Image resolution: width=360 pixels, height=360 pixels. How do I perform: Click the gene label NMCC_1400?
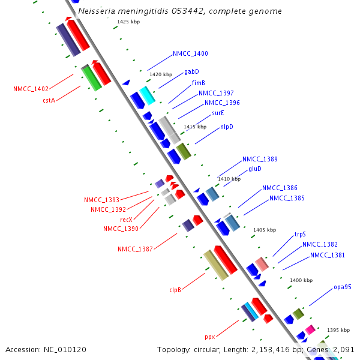pos(190,54)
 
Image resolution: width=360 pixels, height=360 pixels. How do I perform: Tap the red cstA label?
pos(49,100)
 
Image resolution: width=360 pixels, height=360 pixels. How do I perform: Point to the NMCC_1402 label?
pos(31,89)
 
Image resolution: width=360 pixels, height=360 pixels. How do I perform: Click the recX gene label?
pos(126,220)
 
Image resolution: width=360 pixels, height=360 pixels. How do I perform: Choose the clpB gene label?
pos(175,290)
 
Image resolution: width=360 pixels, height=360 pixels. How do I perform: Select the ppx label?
pos(209,337)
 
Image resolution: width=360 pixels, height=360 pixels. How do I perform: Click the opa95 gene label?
pos(343,287)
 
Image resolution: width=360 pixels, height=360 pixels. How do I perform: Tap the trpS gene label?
pos(300,235)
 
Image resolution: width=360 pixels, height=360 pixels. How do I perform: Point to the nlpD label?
pos(227,127)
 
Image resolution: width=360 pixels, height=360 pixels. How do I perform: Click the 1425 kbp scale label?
pos(128,22)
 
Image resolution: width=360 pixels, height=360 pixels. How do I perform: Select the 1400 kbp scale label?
pos(301,280)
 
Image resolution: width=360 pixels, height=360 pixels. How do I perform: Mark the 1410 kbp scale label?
pos(229,179)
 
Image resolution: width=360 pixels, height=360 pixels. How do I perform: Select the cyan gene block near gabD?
pos(147,95)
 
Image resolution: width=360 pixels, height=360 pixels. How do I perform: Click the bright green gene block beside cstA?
pos(91,77)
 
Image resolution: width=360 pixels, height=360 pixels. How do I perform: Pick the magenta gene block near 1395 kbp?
pos(310,329)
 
